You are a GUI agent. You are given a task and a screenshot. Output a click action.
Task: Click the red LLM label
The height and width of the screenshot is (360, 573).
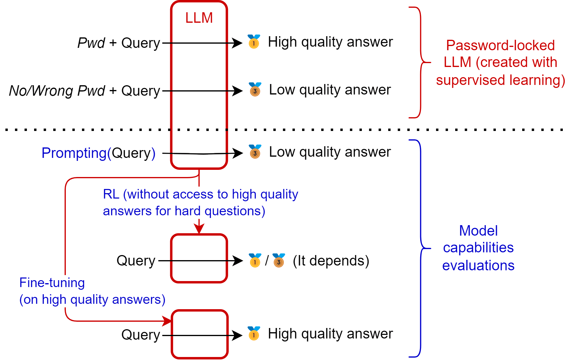(x=199, y=18)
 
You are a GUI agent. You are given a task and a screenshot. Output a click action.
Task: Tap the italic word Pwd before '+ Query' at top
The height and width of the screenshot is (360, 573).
(x=91, y=43)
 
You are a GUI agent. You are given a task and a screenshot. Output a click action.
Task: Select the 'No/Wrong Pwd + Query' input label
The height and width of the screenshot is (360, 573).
(x=85, y=91)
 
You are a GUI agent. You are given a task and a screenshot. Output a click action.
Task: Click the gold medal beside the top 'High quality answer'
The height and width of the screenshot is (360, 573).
(x=254, y=42)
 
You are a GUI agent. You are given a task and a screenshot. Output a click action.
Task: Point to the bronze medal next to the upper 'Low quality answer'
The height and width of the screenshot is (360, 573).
(x=255, y=89)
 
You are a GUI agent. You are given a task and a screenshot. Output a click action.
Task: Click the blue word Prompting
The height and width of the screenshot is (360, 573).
(x=74, y=153)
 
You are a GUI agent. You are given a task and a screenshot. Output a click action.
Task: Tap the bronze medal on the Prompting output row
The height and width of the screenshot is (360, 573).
(x=255, y=152)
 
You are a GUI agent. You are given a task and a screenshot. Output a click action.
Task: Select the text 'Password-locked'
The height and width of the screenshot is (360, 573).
(x=500, y=45)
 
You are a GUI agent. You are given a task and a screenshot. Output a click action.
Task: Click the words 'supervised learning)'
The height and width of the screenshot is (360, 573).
(x=501, y=80)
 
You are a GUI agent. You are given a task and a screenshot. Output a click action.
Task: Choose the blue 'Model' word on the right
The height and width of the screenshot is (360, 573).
(x=478, y=231)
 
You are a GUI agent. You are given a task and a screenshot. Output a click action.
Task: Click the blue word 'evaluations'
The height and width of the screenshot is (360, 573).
(x=478, y=266)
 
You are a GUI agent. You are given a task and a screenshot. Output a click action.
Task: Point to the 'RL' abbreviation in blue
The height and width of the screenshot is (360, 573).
(x=111, y=194)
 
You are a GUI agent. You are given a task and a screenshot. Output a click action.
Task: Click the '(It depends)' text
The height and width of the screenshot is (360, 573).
(x=331, y=261)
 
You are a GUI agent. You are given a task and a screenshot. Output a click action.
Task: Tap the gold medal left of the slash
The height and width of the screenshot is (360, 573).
(x=255, y=260)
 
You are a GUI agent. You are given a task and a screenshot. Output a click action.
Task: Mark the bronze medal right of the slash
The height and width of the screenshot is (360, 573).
(x=279, y=260)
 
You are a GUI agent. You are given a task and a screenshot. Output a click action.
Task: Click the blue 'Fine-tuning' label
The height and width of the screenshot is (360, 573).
(x=52, y=283)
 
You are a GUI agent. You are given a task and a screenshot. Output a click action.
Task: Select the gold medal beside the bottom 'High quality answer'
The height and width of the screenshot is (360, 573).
(x=254, y=333)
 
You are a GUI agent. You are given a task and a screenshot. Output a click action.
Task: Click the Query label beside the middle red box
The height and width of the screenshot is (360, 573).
(x=136, y=261)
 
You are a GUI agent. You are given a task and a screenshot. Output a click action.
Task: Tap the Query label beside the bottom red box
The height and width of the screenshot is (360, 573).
(x=141, y=335)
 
